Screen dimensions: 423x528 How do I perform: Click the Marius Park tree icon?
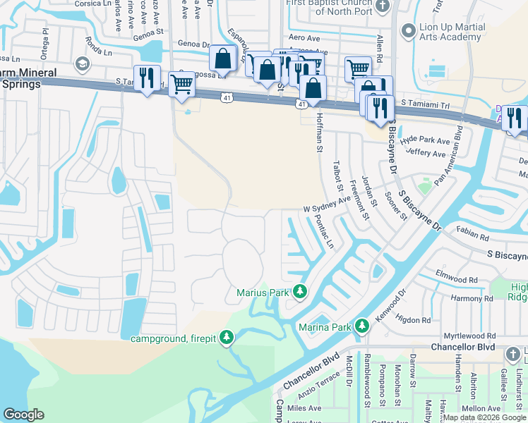click(x=300, y=291)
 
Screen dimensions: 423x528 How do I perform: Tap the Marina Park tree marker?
click(x=362, y=326)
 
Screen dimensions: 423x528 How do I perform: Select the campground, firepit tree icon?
click(x=226, y=339)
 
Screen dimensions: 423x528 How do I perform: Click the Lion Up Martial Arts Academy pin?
click(x=407, y=30)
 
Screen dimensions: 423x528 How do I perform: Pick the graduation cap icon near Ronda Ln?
click(x=83, y=64)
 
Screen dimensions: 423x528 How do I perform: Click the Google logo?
click(x=23, y=415)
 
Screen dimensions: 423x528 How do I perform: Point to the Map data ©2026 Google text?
click(x=484, y=418)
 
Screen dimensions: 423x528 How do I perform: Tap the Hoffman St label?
click(x=320, y=134)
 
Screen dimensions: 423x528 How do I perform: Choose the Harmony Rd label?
click(x=472, y=298)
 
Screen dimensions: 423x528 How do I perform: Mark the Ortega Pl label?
click(x=45, y=34)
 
